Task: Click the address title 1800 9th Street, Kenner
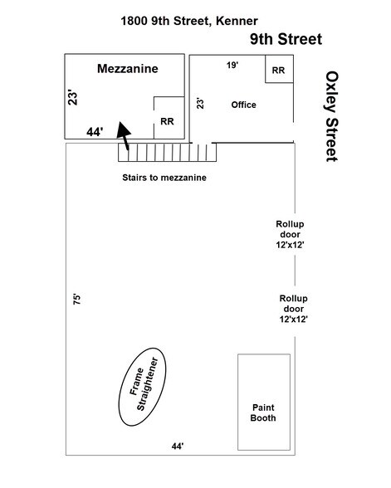[x=189, y=22]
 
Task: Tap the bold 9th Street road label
[x=286, y=39]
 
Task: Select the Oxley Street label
[x=332, y=116]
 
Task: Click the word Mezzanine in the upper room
[x=128, y=68]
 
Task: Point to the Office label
[x=243, y=105]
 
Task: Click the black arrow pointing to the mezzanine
[x=125, y=134]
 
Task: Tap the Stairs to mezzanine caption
[x=164, y=178]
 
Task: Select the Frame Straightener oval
[x=142, y=387]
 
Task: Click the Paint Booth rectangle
[x=264, y=402]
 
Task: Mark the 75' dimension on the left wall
[x=76, y=299]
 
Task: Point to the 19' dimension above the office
[x=232, y=65]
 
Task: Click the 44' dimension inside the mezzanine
[x=95, y=132]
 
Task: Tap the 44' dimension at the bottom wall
[x=178, y=447]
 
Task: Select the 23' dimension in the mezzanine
[x=72, y=98]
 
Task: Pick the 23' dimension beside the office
[x=200, y=103]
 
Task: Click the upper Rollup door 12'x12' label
[x=290, y=234]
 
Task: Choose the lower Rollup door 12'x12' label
[x=294, y=309]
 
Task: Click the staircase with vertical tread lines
[x=167, y=152]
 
